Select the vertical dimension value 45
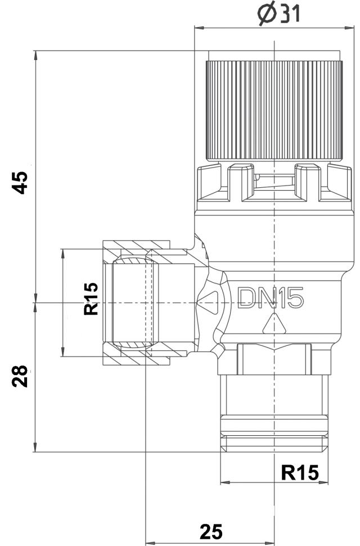(x=21, y=182)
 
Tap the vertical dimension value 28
(x=21, y=376)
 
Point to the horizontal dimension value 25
(x=210, y=531)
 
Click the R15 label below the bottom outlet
(x=299, y=472)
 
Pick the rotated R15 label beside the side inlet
(x=91, y=298)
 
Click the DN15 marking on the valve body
(x=271, y=298)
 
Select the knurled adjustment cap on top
(x=274, y=110)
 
